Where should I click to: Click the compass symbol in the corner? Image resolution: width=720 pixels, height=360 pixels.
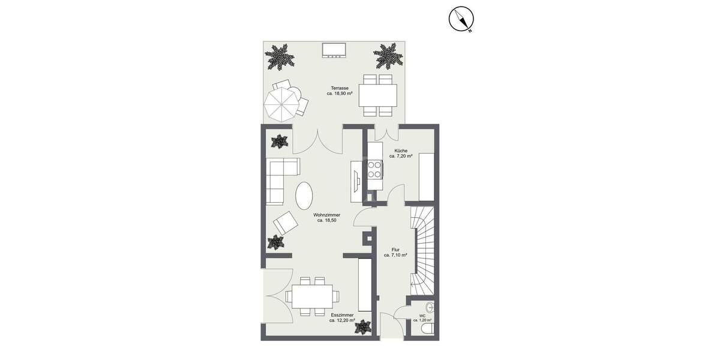pyautogui.click(x=461, y=19)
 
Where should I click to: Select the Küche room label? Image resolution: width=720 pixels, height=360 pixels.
pyautogui.click(x=401, y=153)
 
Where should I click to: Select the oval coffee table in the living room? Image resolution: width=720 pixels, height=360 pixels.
pyautogui.click(x=304, y=195)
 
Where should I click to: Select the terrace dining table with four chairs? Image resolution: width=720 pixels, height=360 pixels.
pyautogui.click(x=377, y=95)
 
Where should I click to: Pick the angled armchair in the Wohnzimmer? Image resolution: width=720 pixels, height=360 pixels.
pyautogui.click(x=286, y=224)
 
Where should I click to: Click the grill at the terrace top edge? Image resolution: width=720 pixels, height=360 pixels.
pyautogui.click(x=333, y=50)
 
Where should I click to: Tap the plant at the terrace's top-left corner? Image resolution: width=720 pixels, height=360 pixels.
pyautogui.click(x=280, y=56)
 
